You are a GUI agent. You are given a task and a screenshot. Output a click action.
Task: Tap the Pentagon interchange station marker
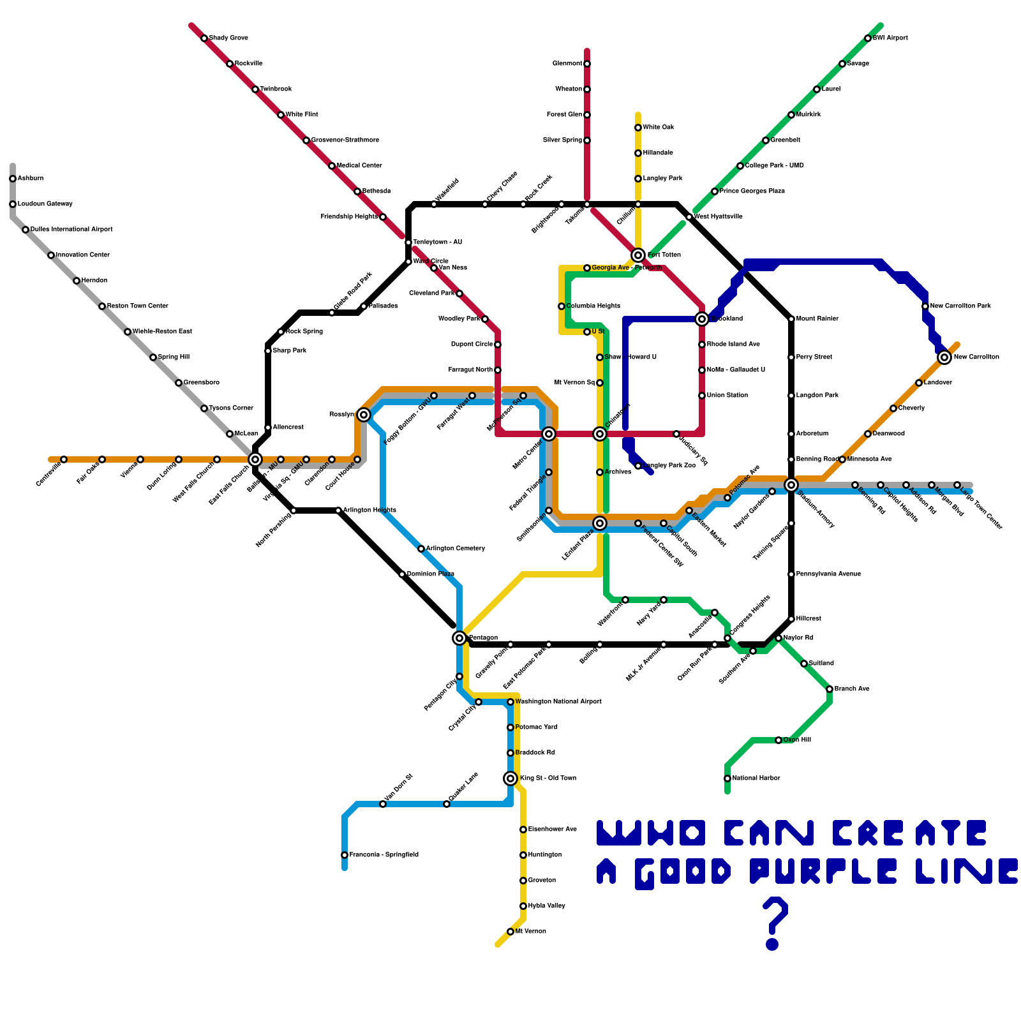(x=459, y=638)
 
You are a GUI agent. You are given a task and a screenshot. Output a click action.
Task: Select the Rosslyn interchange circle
(x=364, y=415)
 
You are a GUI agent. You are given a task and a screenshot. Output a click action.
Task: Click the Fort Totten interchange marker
(x=638, y=255)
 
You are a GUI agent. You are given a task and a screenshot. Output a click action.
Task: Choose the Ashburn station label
(x=31, y=179)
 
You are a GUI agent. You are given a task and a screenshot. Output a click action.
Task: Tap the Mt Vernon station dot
(x=511, y=932)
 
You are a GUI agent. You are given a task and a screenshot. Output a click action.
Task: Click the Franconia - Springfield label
(x=384, y=855)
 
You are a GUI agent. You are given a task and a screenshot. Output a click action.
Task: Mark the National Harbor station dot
(x=727, y=779)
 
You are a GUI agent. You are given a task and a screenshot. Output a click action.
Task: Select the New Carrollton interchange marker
(x=944, y=357)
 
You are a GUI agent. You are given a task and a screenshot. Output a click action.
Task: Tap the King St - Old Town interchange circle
(x=511, y=779)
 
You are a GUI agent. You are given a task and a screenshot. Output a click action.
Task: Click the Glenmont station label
(x=567, y=64)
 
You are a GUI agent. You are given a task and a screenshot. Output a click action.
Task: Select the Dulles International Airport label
(x=71, y=230)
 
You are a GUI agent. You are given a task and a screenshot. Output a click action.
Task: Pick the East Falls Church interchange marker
(x=255, y=459)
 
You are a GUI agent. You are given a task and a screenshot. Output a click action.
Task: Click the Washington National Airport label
(x=558, y=702)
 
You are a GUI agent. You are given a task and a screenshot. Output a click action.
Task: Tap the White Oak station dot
(x=638, y=128)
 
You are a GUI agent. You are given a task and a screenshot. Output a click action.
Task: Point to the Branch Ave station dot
(x=830, y=689)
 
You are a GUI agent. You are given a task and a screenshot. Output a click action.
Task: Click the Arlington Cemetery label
(x=456, y=549)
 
